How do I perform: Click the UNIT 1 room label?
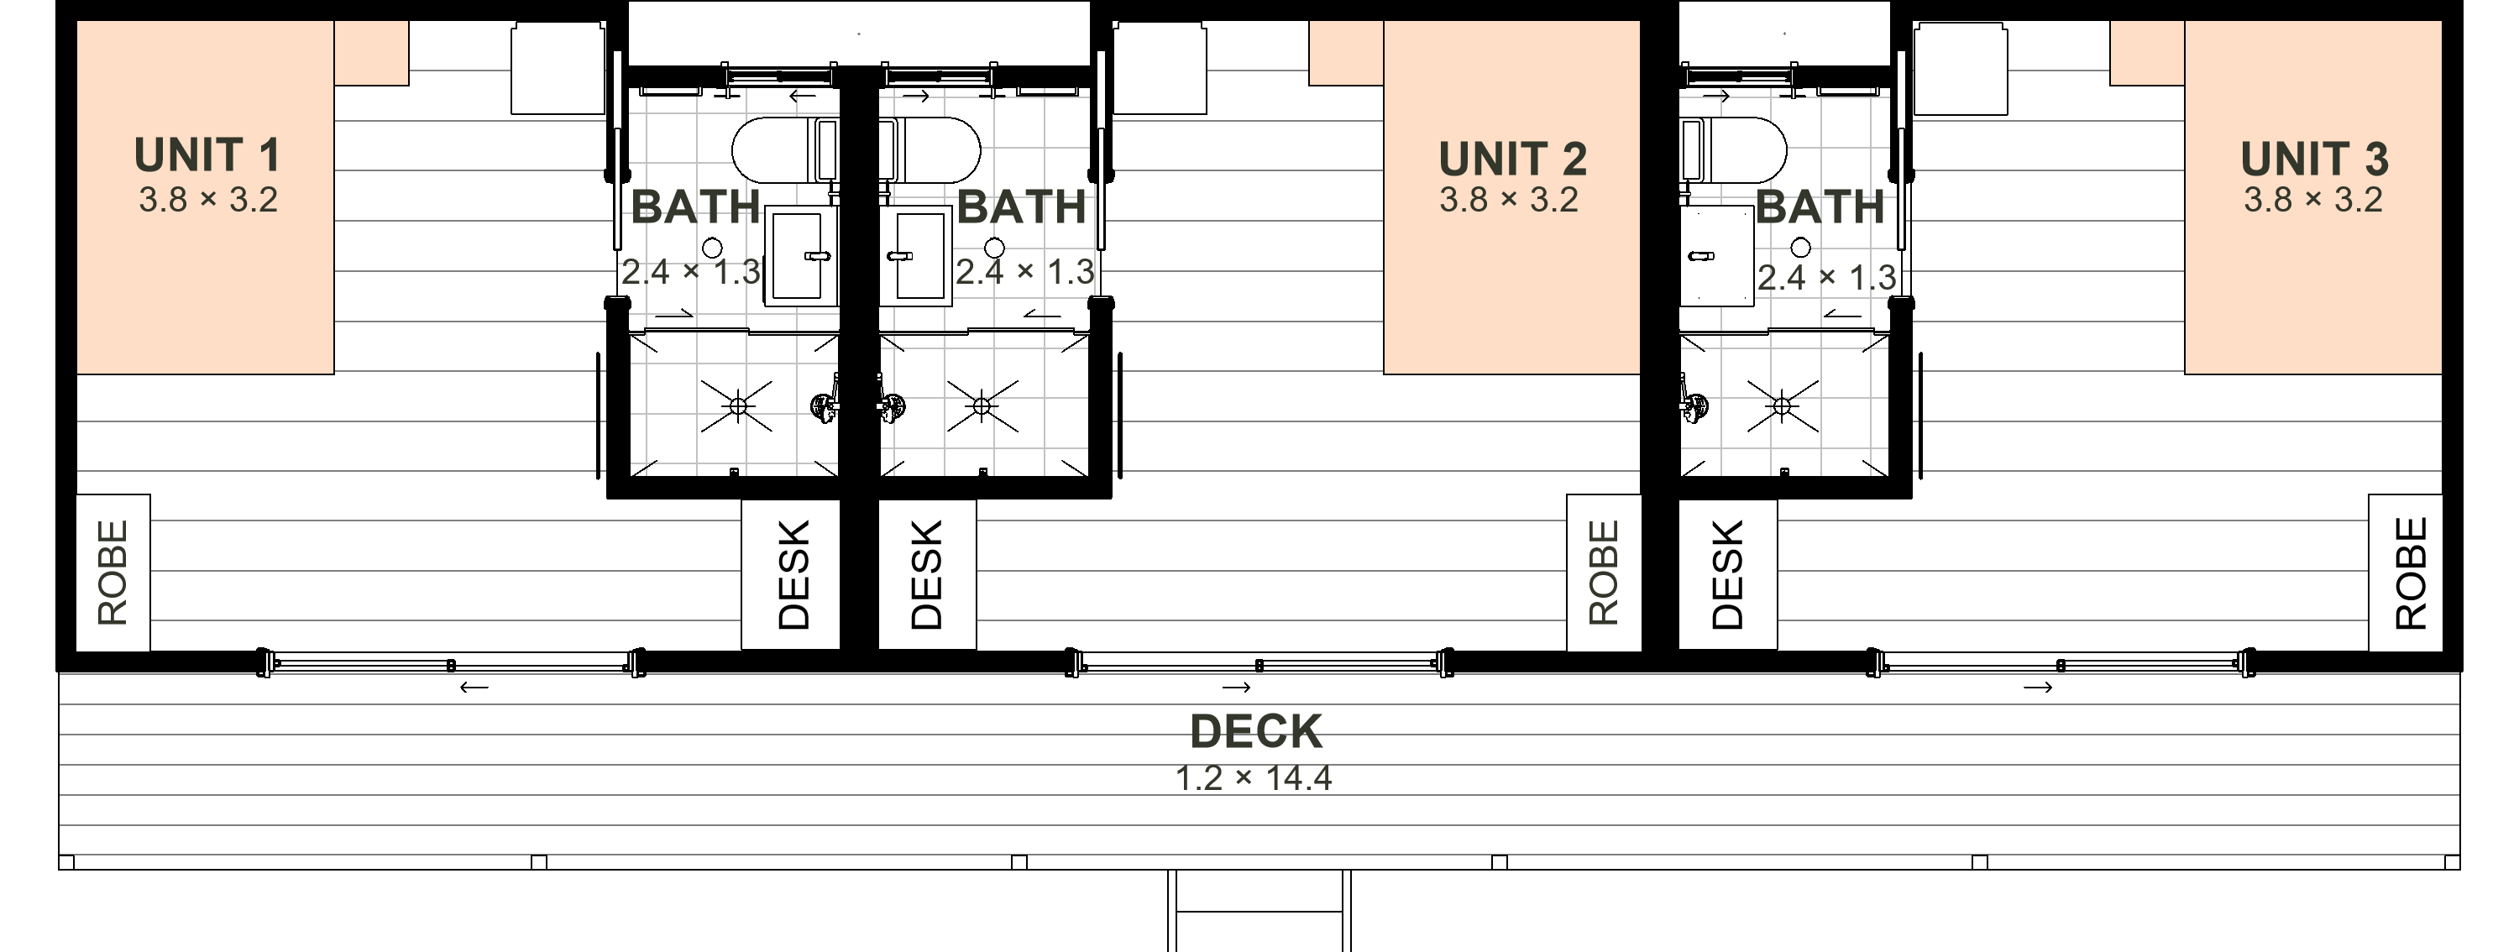207,155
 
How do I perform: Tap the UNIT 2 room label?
1511,160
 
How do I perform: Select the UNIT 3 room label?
2313,160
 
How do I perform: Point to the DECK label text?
1255,731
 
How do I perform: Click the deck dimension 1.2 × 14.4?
1254,778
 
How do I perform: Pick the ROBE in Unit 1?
113,572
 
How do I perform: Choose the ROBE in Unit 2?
1604,572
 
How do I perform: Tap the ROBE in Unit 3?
2411,572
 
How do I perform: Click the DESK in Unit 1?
793,575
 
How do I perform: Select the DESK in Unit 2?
926,575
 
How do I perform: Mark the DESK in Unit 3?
1728,575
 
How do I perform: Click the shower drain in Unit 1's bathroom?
738,405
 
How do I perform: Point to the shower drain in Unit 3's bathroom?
1782,405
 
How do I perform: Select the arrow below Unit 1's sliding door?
474,687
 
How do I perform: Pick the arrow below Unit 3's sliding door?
2038,687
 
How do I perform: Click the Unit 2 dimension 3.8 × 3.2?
1509,200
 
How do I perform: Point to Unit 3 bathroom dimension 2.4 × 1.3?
1826,278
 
